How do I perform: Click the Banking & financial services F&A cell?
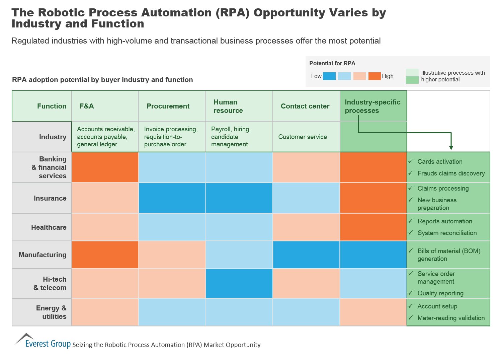click(105, 167)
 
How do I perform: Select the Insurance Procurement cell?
click(172, 198)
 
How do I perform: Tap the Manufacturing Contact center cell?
click(306, 255)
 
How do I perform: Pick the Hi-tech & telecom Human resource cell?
click(239, 283)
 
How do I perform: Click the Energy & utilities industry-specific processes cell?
click(373, 312)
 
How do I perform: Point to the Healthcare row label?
click(49, 227)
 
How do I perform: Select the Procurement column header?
click(168, 106)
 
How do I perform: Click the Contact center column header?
click(305, 106)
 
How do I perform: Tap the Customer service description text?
click(303, 137)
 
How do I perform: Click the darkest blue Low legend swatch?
click(329, 76)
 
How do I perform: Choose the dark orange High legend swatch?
click(375, 76)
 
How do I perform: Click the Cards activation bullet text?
click(440, 161)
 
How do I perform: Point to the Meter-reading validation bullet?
click(451, 318)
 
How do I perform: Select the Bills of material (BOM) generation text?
click(448, 255)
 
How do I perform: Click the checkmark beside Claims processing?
click(411, 188)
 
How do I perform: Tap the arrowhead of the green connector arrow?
click(451, 147)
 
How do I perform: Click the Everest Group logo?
click(43, 341)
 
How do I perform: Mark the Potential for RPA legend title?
click(332, 63)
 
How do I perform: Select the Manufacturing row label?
click(43, 255)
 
